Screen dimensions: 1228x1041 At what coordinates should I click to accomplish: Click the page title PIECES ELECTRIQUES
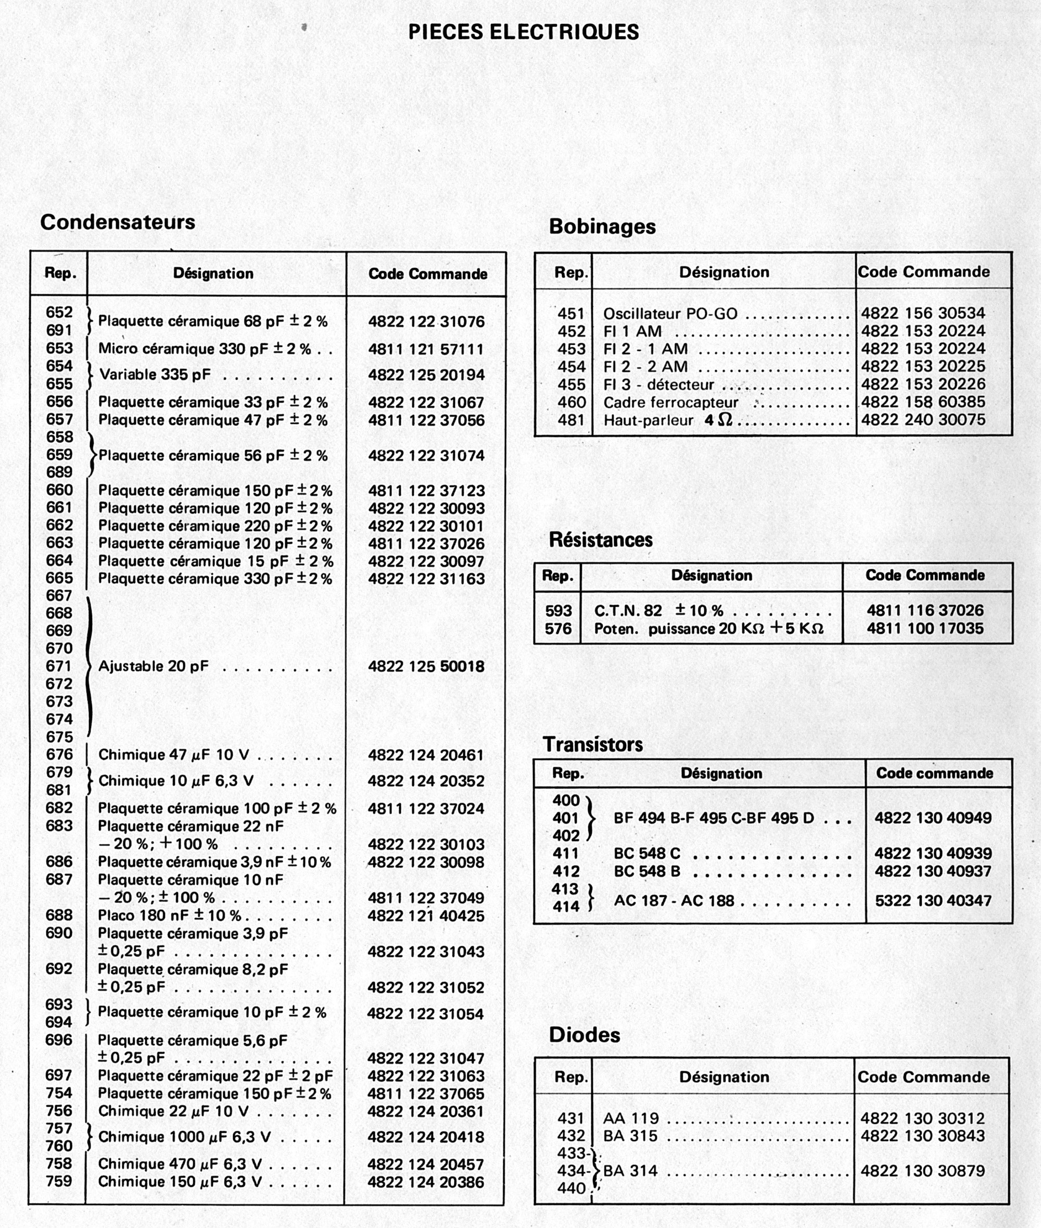[x=524, y=32]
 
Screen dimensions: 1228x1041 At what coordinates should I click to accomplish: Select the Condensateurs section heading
[x=118, y=222]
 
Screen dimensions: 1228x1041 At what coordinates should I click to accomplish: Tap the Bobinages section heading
[x=602, y=226]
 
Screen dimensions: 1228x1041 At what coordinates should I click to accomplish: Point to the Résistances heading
[x=601, y=540]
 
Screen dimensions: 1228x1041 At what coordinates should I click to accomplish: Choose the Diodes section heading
[x=584, y=1034]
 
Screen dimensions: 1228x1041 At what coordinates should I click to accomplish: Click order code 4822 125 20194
[x=426, y=375]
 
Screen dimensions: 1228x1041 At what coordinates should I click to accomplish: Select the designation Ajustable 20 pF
[x=154, y=666]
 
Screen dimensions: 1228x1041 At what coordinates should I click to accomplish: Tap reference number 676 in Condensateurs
[x=59, y=755]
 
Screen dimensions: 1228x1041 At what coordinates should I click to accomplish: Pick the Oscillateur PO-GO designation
[x=670, y=314]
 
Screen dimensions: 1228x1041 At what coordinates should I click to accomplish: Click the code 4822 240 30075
[x=923, y=420]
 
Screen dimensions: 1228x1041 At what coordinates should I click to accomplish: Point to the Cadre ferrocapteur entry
[x=670, y=403]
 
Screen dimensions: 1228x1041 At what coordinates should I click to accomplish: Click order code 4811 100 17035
[x=925, y=628]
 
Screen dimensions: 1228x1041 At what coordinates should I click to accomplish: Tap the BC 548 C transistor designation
[x=647, y=854]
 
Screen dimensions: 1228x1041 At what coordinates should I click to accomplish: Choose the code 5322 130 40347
[x=933, y=901]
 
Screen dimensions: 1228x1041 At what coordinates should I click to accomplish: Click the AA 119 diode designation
[x=631, y=1118]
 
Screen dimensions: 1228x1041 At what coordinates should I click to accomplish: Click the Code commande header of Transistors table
[x=934, y=773]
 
